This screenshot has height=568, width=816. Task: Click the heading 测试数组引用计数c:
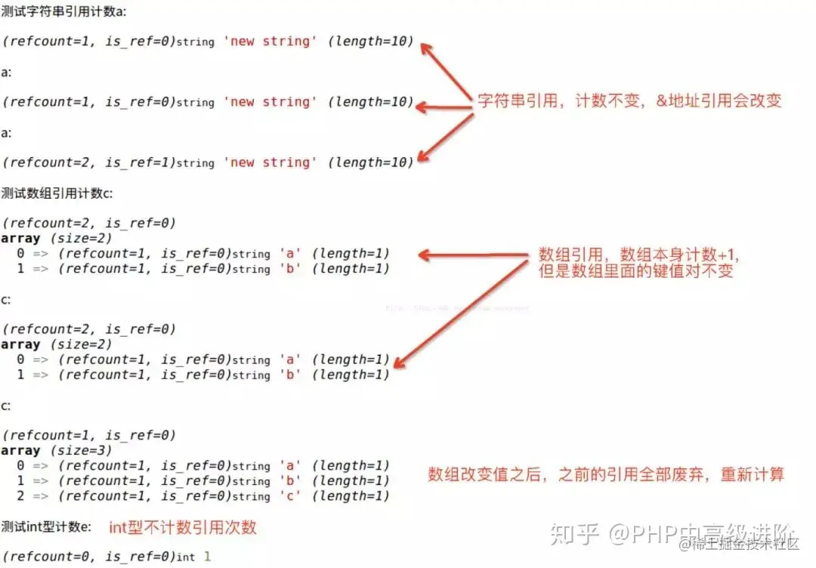click(x=57, y=193)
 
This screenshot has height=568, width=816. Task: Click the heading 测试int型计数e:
click(x=46, y=526)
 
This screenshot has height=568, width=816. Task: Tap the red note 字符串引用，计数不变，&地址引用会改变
click(x=629, y=100)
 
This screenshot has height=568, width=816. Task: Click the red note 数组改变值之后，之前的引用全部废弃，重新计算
click(x=606, y=474)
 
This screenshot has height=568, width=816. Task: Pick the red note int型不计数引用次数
click(x=183, y=527)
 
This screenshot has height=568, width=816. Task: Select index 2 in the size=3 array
click(x=20, y=496)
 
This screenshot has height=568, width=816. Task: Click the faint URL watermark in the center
click(x=457, y=308)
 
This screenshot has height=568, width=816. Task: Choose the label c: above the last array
click(x=6, y=406)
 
